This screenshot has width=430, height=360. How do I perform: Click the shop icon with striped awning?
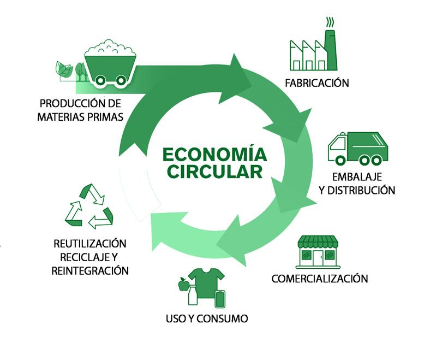318,252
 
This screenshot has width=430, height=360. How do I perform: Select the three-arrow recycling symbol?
88,206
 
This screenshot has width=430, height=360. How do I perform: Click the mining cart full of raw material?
110,62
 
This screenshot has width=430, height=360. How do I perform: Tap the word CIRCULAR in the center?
214,171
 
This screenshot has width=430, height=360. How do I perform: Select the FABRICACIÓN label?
316,83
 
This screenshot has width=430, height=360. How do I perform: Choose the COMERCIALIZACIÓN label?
320,279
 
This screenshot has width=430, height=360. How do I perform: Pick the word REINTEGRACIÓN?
90,270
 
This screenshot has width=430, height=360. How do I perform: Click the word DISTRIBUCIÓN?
361,190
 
